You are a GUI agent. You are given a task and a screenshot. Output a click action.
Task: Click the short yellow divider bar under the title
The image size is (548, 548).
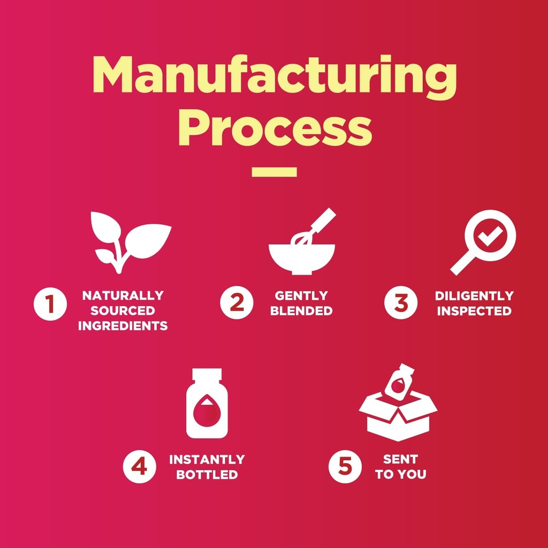(x=275, y=172)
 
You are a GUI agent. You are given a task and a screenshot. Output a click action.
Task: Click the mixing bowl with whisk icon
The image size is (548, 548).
(x=302, y=241)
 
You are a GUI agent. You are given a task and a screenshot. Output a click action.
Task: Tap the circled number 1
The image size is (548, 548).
(x=50, y=303)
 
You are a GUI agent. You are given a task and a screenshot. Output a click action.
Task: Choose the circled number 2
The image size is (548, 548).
(x=237, y=303)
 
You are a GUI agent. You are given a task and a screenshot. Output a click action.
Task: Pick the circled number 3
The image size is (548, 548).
(x=401, y=303)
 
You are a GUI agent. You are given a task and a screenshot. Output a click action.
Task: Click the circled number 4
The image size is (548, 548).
(x=140, y=467)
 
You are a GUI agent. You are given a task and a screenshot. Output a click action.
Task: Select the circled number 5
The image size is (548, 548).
(x=345, y=467)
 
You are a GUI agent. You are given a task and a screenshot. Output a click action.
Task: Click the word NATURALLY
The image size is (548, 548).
(x=123, y=295)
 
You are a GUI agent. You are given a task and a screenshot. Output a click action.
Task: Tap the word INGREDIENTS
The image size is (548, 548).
(x=123, y=326)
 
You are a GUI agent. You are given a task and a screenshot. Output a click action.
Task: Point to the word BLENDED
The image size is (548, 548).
(x=301, y=311)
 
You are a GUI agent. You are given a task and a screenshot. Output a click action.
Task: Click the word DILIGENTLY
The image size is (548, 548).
(x=474, y=295)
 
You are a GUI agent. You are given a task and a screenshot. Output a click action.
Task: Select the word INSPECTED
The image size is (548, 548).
(x=474, y=311)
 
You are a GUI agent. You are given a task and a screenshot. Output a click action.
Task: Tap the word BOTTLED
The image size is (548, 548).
(x=207, y=475)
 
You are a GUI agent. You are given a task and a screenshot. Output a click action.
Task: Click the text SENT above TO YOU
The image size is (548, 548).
(x=400, y=459)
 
